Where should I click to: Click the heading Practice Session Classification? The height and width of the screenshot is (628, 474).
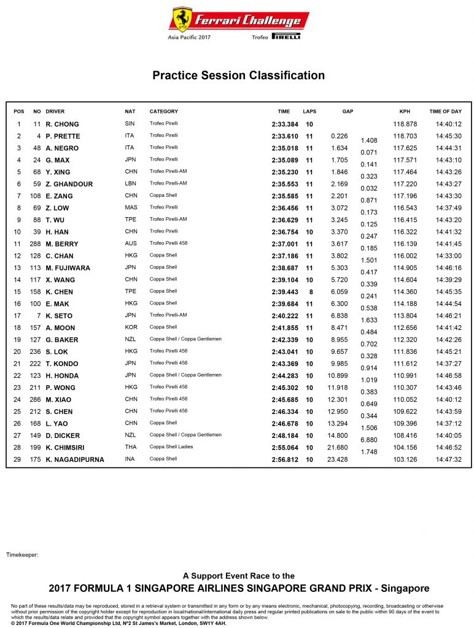point(238,75)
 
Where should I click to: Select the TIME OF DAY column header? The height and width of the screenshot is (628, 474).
point(445,112)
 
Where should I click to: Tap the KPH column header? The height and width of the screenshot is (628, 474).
point(404,112)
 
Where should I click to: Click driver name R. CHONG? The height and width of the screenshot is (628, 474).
point(62,124)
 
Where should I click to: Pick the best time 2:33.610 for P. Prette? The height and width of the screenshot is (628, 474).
point(284,136)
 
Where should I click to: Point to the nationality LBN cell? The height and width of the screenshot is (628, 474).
point(131,184)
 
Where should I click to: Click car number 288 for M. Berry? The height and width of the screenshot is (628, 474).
point(35,244)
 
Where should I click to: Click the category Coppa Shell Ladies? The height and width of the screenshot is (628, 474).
point(171,447)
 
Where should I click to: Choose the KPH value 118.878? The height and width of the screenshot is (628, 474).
point(405,124)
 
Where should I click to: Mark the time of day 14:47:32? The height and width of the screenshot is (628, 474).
point(448,459)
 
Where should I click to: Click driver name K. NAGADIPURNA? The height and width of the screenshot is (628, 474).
point(75,459)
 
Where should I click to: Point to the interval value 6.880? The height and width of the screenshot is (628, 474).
point(368,440)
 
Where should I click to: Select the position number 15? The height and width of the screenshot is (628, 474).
point(19,292)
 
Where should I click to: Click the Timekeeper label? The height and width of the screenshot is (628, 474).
point(22,554)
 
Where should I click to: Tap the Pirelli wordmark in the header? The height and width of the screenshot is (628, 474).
point(286,37)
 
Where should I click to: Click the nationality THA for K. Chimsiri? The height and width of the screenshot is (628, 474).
point(130,447)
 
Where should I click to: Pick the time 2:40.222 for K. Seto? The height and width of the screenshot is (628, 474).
point(284,316)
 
